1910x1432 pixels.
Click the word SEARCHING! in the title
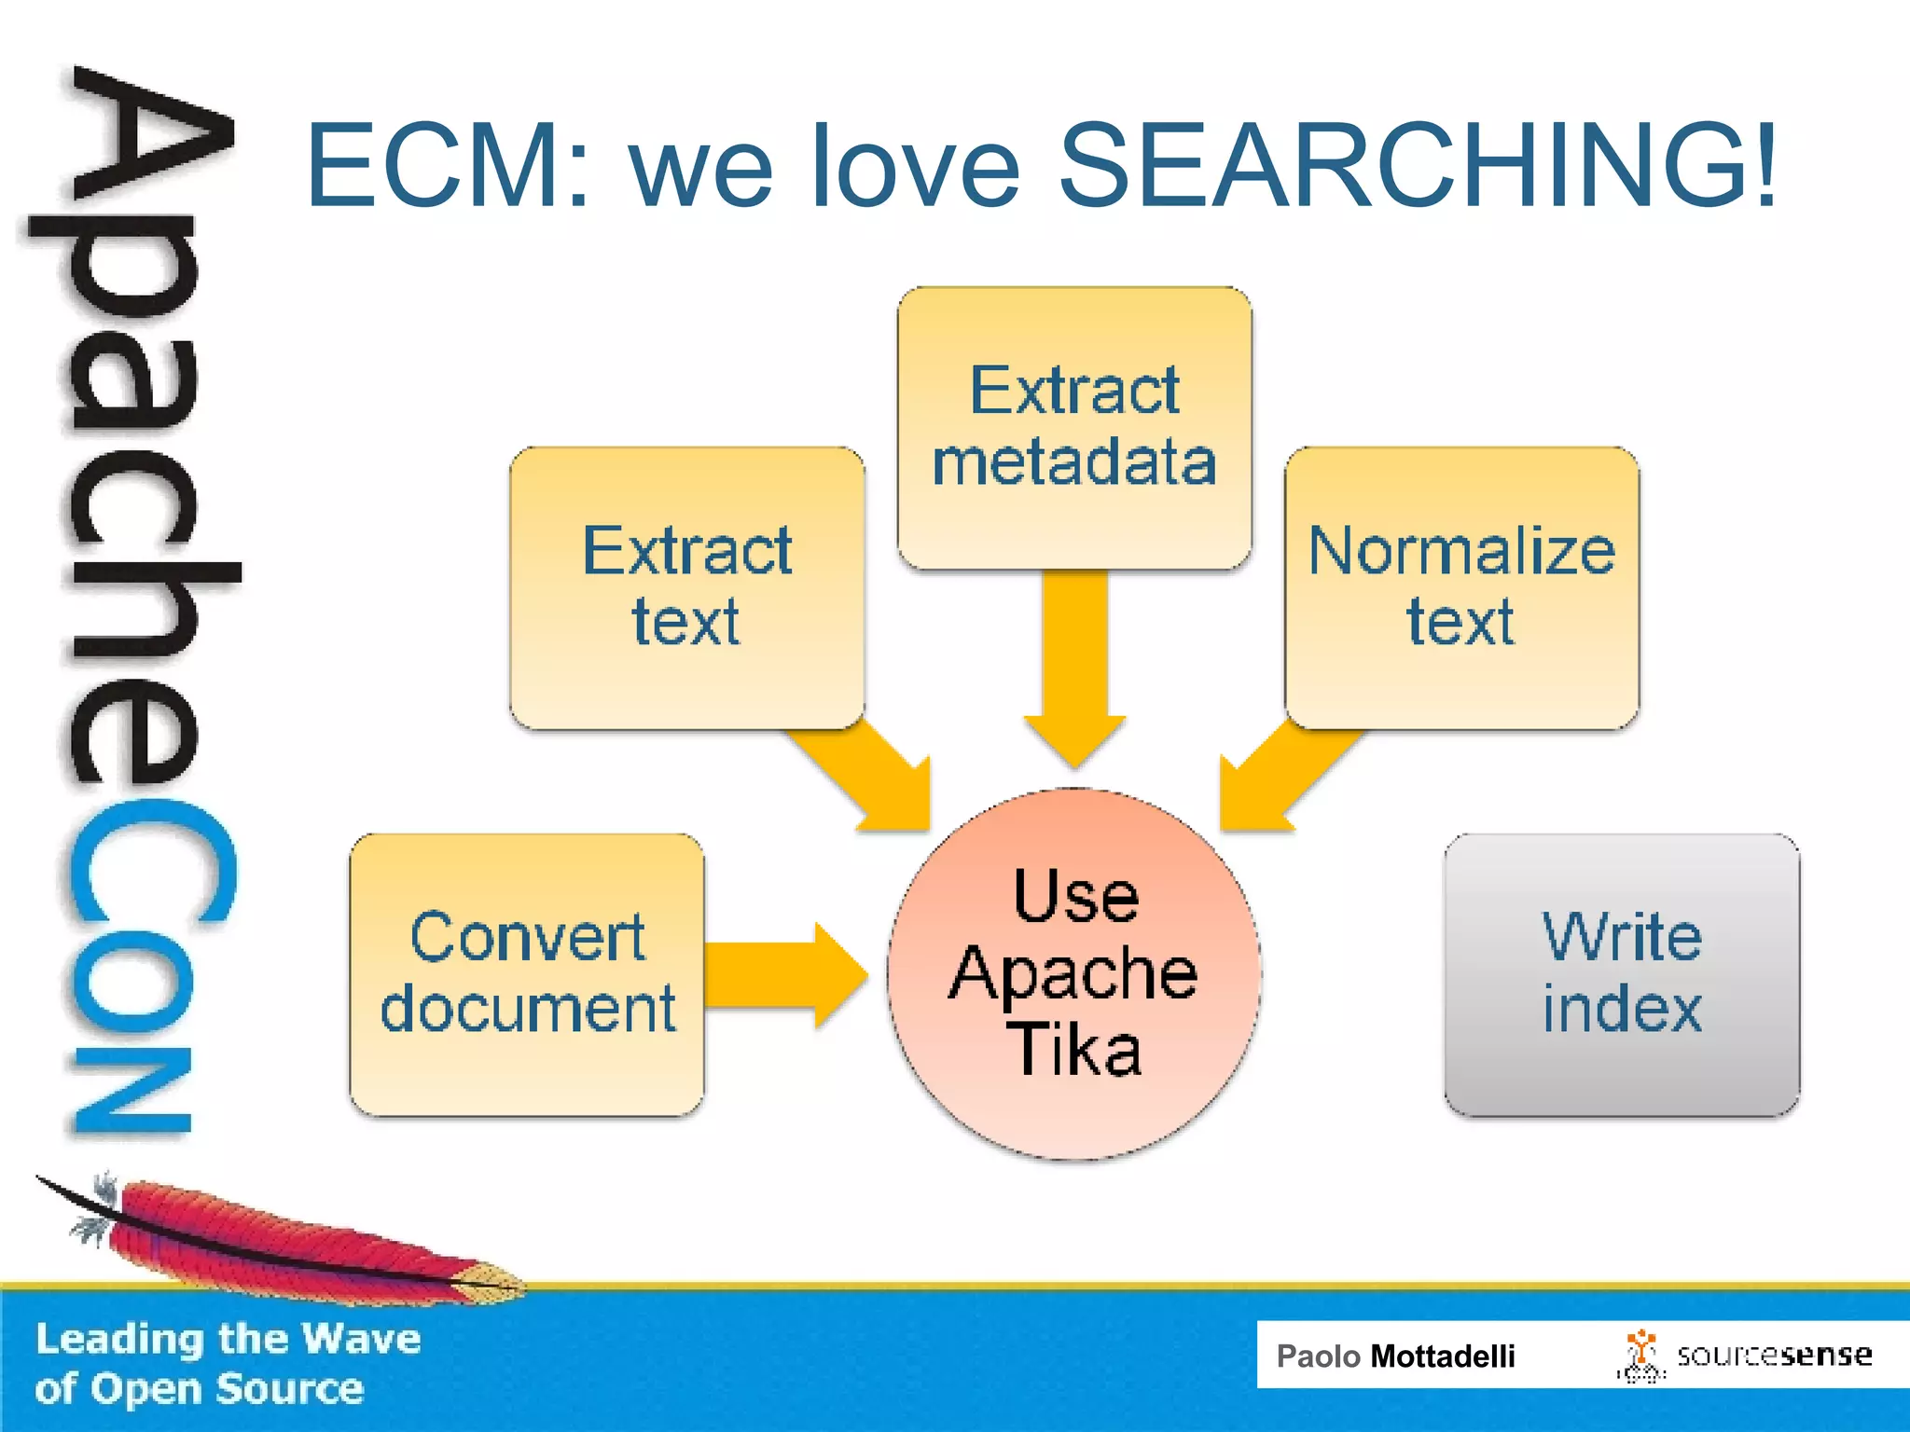click(x=1418, y=166)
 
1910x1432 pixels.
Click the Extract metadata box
click(x=1074, y=427)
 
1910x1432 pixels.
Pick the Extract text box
click(x=687, y=587)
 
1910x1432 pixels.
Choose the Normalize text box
click(x=1461, y=587)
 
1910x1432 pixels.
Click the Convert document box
click(x=527, y=974)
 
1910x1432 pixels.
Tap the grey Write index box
click(x=1622, y=974)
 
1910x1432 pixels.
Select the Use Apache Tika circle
click(x=1074, y=974)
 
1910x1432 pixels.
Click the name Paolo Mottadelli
click(x=1395, y=1356)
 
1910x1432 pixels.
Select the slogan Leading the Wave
click(x=228, y=1339)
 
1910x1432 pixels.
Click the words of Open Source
click(x=199, y=1389)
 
